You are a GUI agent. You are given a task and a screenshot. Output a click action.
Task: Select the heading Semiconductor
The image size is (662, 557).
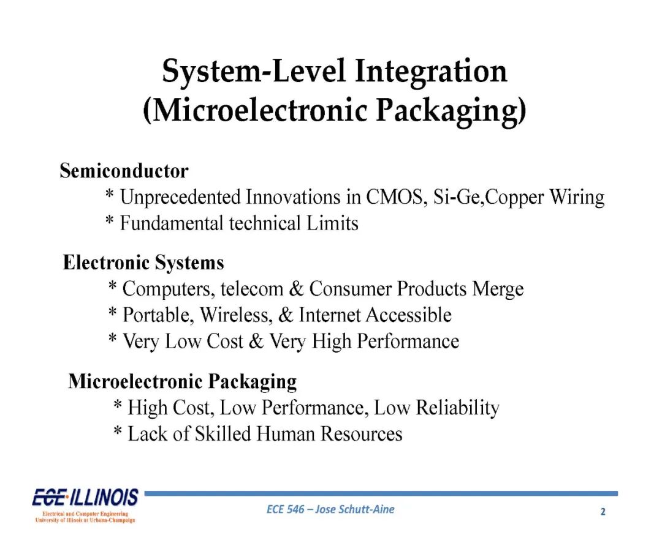point(124,171)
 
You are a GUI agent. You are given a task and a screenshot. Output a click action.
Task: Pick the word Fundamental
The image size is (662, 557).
point(172,223)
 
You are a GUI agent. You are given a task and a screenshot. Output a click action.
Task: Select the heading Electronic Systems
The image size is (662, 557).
point(143,262)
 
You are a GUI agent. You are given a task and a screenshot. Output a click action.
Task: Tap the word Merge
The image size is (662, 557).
point(498,290)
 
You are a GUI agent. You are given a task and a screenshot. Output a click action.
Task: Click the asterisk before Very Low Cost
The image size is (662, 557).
point(112,338)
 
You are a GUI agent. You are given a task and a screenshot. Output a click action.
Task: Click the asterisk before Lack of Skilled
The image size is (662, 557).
point(118,431)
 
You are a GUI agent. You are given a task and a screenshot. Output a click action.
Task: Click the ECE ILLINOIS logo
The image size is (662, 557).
point(85,506)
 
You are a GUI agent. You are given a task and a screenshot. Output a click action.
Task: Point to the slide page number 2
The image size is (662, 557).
point(603,512)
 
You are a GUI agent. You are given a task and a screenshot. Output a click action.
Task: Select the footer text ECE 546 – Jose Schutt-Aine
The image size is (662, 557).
point(330,509)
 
